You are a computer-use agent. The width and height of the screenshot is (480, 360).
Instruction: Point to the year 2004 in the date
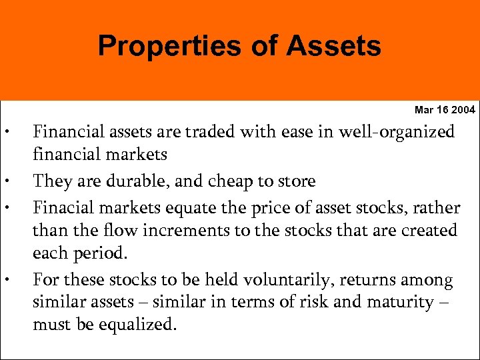[x=463, y=109]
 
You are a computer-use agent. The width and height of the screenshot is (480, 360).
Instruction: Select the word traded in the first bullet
[x=202, y=132]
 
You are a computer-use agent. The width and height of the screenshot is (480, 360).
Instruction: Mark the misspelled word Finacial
[x=65, y=207]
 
